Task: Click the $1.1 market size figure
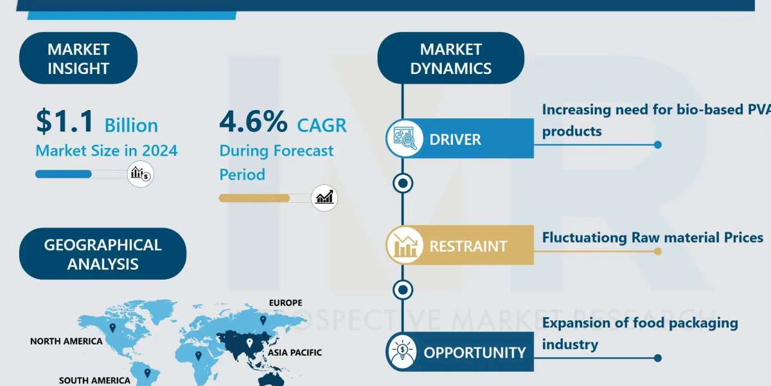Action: point(65,121)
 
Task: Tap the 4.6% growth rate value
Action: point(253,121)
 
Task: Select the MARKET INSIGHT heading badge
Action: point(78,59)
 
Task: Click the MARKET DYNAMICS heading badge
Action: point(451,59)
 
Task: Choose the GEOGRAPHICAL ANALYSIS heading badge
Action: point(103,254)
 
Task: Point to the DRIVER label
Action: point(455,140)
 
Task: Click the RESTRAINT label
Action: point(468,246)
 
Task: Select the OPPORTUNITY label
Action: point(475,353)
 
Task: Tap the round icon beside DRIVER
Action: point(404,138)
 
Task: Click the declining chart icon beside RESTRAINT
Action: point(404,245)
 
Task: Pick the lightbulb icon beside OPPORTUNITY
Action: point(403,351)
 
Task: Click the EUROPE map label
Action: point(286,302)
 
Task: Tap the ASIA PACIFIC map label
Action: point(295,353)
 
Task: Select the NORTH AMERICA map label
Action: point(66,341)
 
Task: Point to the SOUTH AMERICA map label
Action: point(94,380)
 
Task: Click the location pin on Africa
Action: point(199,356)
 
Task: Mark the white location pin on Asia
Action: point(249,343)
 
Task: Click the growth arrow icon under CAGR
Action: point(324,198)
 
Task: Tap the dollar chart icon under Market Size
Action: point(141,174)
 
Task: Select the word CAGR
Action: point(322,125)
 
